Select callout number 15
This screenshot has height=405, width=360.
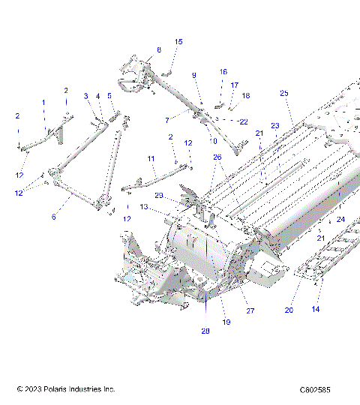pos(178,42)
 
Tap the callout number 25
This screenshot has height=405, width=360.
pos(283,93)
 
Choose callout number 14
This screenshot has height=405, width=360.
pos(316,309)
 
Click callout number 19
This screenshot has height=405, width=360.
pos(226,322)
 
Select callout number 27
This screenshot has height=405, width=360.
pos(250,310)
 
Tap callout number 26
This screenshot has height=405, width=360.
pos(217,157)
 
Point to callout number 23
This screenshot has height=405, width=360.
pos(274,125)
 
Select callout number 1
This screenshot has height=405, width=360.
pos(43,102)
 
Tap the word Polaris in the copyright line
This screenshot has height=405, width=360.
pos(59,390)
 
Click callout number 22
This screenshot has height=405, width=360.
pos(242,121)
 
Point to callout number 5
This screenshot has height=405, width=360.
pos(109,96)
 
